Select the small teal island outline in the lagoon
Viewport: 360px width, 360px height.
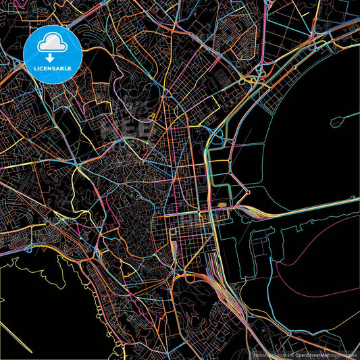(x=338, y=122)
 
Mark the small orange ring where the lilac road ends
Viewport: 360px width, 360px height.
(x=248, y=192)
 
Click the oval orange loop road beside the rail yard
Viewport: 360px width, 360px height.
(x=188, y=277)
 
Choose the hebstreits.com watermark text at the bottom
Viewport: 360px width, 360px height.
(x=267, y=354)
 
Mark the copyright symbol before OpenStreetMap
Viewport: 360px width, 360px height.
(x=291, y=354)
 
